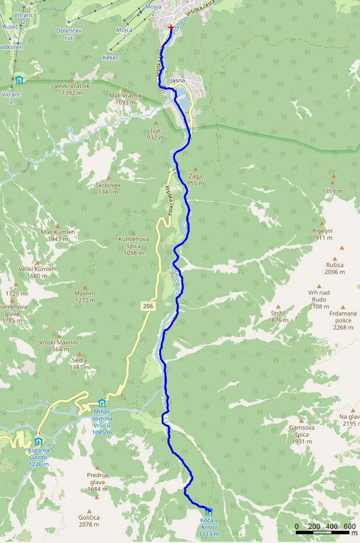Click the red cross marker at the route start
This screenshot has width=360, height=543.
tap(170, 27)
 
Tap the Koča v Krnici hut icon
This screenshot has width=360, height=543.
tap(209, 511)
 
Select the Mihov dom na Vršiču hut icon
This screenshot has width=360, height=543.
tap(102, 403)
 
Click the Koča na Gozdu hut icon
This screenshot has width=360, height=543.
tap(38, 442)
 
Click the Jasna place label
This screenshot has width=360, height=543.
tap(177, 80)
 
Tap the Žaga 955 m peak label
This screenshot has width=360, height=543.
tap(195, 180)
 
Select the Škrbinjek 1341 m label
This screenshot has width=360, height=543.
tap(108, 188)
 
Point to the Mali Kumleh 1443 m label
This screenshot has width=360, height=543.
tap(58, 235)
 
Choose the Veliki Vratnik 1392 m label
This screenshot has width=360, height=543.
tap(72, 89)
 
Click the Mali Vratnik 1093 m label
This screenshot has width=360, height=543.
tap(125, 99)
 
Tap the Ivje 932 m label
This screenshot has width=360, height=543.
tap(155, 134)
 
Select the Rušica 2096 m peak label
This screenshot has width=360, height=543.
tap(335, 268)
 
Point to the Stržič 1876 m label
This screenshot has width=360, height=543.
tap(279, 317)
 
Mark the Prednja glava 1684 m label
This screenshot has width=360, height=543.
tap(97, 478)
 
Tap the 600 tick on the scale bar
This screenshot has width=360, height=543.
tap(349, 527)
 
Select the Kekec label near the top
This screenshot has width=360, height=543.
tap(111, 58)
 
